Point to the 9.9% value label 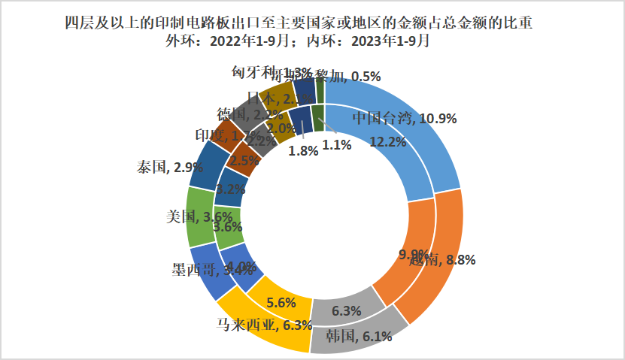pyautogui.click(x=413, y=253)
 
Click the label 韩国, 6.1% pyautogui.click(x=359, y=336)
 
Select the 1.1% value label pyautogui.click(x=336, y=146)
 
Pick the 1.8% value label pyautogui.click(x=304, y=150)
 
